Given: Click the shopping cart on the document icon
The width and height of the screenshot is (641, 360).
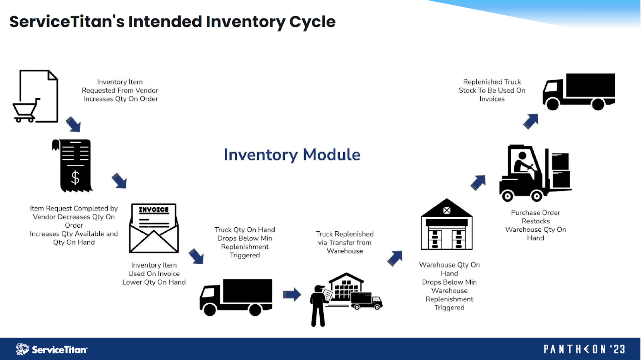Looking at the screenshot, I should pyautogui.click(x=25, y=111).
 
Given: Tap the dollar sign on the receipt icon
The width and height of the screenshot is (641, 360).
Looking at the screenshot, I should pyautogui.click(x=75, y=177).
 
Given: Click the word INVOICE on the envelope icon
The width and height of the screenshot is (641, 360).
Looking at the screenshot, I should pyautogui.click(x=154, y=210).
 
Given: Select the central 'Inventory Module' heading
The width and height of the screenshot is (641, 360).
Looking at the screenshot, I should pyautogui.click(x=292, y=155).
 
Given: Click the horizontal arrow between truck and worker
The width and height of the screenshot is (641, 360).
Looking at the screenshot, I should pyautogui.click(x=292, y=294).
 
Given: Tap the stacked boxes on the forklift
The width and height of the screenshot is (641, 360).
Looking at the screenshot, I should pyautogui.click(x=560, y=170).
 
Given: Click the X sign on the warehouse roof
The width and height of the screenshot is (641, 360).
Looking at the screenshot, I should pyautogui.click(x=447, y=210).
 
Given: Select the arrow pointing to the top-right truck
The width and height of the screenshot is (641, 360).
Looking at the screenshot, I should pyautogui.click(x=531, y=121).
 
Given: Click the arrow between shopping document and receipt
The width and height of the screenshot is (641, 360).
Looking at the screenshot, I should pyautogui.click(x=73, y=124).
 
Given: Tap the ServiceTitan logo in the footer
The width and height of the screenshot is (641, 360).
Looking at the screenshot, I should pyautogui.click(x=51, y=349).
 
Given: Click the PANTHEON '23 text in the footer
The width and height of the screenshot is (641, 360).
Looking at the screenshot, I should pyautogui.click(x=584, y=349).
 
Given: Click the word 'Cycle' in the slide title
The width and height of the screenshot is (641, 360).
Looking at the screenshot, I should pyautogui.click(x=312, y=22).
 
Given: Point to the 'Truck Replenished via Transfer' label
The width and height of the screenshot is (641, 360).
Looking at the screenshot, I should pyautogui.click(x=345, y=242).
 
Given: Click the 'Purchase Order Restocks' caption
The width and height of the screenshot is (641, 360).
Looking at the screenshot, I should pyautogui.click(x=535, y=225).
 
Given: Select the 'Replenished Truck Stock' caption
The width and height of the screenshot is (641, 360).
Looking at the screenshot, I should pyautogui.click(x=492, y=90).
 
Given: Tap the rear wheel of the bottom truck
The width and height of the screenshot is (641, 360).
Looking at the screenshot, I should pyautogui.click(x=255, y=309).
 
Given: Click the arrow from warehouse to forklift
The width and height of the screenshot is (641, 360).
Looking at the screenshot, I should pyautogui.click(x=478, y=182).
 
